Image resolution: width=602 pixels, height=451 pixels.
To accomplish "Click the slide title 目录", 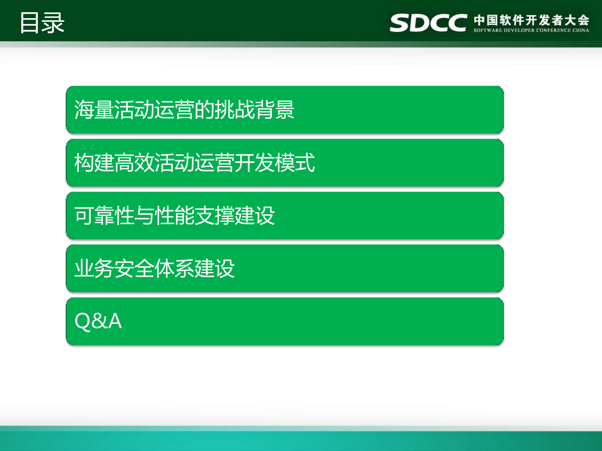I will (42, 23).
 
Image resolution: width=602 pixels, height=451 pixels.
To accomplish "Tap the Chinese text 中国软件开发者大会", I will (531, 20).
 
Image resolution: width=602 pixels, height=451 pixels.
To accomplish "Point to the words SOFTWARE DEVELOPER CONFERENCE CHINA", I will (531, 30).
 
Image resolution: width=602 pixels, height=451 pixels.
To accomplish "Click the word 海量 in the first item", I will (94, 110).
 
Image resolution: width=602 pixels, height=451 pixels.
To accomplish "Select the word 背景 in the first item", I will (274, 110).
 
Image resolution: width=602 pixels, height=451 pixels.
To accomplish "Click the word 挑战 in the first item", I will (235, 110).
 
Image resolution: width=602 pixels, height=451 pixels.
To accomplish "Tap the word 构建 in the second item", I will (94, 163).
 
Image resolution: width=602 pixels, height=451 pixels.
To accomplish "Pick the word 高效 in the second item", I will (134, 163).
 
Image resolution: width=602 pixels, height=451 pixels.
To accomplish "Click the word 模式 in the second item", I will (295, 163).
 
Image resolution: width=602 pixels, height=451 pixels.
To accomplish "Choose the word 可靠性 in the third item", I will (104, 216).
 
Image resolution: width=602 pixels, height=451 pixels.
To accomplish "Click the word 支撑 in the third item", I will (215, 216).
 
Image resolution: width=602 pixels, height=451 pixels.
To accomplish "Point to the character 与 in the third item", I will (144, 216).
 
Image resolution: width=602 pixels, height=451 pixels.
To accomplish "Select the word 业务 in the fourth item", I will (94, 269).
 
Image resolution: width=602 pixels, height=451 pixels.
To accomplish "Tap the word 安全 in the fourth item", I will (134, 269).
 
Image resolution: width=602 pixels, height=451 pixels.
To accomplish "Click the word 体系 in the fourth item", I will (174, 269).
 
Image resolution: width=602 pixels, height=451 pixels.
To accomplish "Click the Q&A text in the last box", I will (98, 321).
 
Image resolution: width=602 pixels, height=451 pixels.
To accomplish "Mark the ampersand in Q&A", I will (99, 321).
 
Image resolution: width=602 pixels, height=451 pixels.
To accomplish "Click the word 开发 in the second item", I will (255, 163).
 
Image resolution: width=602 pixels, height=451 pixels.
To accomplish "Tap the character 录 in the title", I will (53, 23).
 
